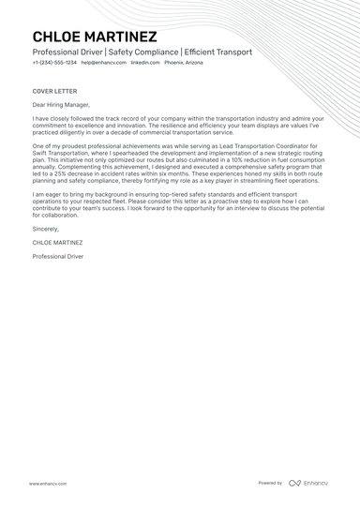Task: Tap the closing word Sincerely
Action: (46, 229)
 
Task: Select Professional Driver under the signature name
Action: (58, 255)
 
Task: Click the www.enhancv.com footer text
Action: (47, 483)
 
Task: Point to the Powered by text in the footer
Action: (270, 483)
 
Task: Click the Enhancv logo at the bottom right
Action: (308, 483)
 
